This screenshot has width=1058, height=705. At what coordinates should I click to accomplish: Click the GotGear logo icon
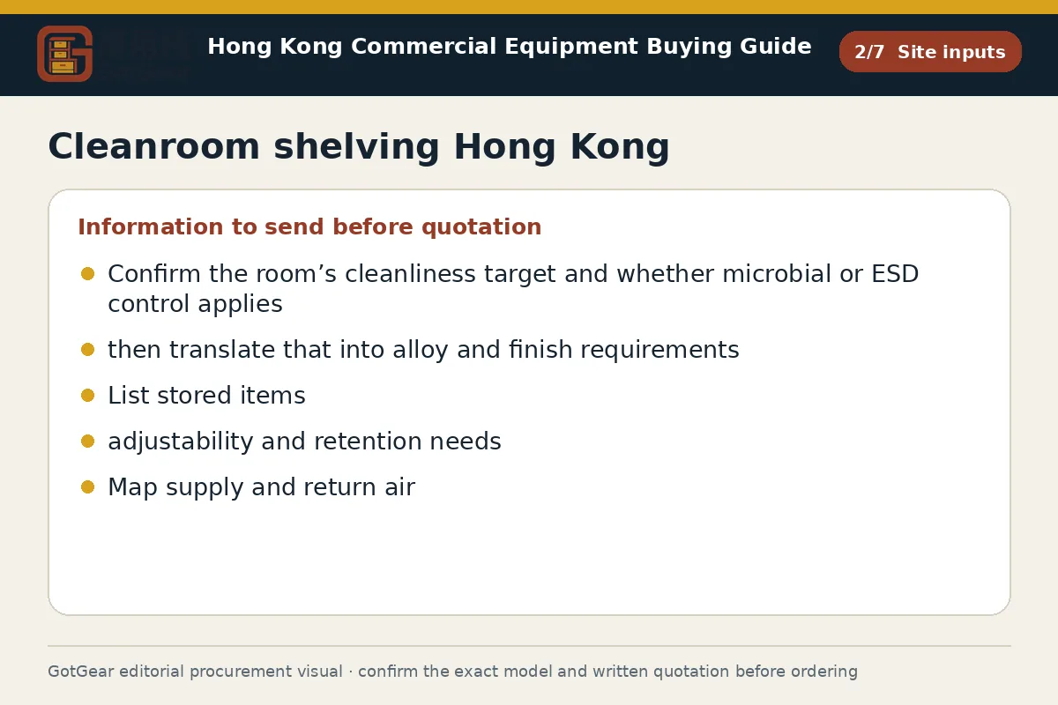[64, 54]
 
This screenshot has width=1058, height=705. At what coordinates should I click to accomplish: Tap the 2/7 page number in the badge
[869, 52]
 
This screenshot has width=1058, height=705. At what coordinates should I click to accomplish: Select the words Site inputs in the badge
[951, 52]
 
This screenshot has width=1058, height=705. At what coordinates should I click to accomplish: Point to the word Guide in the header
[776, 47]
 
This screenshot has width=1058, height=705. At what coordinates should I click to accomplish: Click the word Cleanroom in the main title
[154, 146]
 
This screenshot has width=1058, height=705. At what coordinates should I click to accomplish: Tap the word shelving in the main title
[356, 148]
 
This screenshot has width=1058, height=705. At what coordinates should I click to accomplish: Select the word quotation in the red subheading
[481, 227]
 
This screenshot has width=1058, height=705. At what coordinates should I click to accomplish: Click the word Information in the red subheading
[151, 226]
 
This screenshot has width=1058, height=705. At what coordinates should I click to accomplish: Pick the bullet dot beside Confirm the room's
[88, 273]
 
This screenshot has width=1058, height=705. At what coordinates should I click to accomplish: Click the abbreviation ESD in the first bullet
[895, 274]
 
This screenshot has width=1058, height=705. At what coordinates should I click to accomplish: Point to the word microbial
[777, 274]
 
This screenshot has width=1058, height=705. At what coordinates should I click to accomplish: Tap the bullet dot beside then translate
[88, 350]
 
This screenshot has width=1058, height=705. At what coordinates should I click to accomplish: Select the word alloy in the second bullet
[421, 351]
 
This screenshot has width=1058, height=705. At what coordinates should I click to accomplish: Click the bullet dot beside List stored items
[88, 395]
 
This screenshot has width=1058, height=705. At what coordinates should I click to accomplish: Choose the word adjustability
[181, 442]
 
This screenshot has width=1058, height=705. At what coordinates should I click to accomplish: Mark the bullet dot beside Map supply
[88, 486]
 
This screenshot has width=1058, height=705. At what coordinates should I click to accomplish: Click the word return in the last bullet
[339, 488]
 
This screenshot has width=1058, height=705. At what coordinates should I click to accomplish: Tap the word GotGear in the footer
[81, 672]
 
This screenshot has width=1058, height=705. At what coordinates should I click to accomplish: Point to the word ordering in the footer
[824, 672]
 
